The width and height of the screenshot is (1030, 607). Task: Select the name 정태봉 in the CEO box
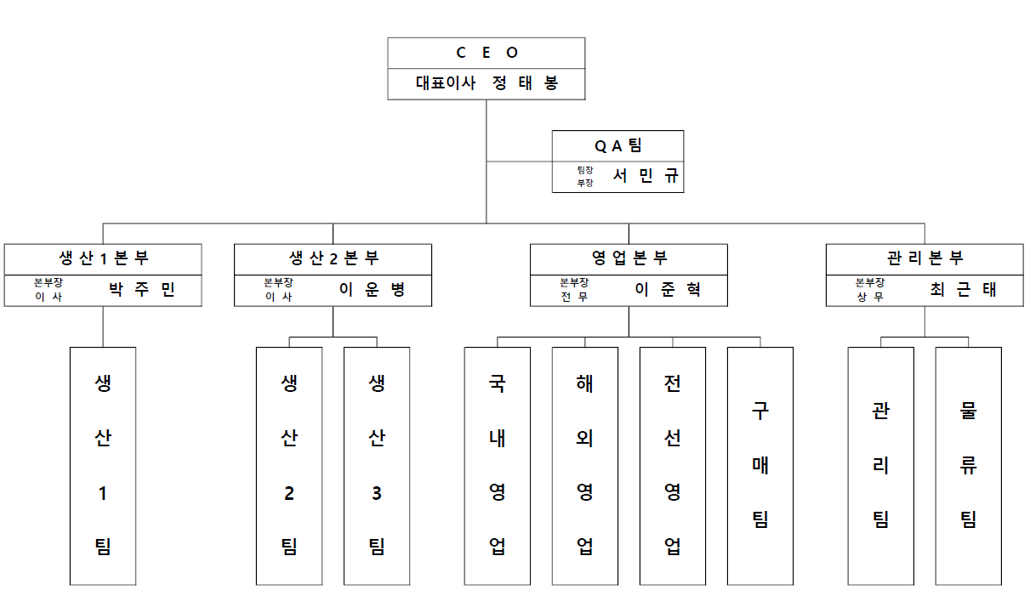pyautogui.click(x=525, y=83)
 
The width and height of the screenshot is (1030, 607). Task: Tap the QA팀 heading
pyautogui.click(x=618, y=146)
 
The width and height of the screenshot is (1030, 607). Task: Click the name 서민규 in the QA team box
pyautogui.click(x=646, y=175)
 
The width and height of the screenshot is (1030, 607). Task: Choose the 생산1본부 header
pyautogui.click(x=104, y=258)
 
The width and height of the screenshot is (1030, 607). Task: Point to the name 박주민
pyautogui.click(x=142, y=290)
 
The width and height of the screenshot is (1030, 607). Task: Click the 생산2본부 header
pyautogui.click(x=333, y=258)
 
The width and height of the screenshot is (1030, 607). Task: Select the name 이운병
pyautogui.click(x=372, y=290)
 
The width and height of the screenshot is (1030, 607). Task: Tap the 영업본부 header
pyautogui.click(x=629, y=258)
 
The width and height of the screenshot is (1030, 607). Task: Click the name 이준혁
pyautogui.click(x=668, y=290)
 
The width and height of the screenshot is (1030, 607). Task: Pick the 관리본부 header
pyautogui.click(x=925, y=258)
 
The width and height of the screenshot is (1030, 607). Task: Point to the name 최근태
pyautogui.click(x=964, y=290)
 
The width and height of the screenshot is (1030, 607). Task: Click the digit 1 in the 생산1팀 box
pyautogui.click(x=103, y=493)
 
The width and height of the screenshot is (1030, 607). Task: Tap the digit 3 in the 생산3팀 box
pyautogui.click(x=377, y=493)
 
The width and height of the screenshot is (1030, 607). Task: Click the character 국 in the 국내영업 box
pyautogui.click(x=497, y=383)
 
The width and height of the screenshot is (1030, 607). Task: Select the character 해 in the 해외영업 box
pyautogui.click(x=585, y=383)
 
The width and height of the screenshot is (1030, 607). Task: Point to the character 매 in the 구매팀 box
pyautogui.click(x=760, y=466)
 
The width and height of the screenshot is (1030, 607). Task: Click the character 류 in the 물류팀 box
pyautogui.click(x=969, y=466)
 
